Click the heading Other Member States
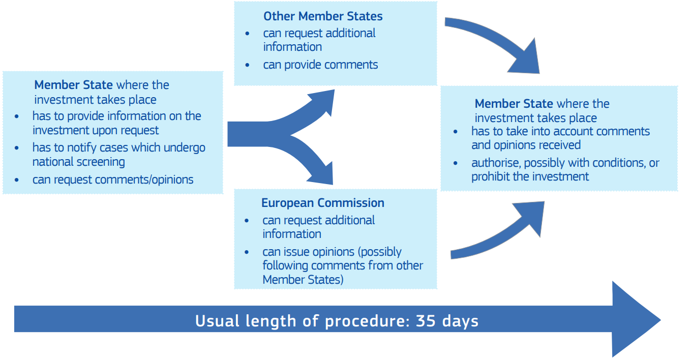pyautogui.click(x=323, y=16)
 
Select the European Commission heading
pyautogui.click(x=323, y=203)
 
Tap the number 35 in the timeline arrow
pyautogui.click(x=426, y=321)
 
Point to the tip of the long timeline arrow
pyautogui.click(x=661, y=320)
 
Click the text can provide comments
pyautogui.click(x=320, y=65)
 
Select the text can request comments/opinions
pyautogui.click(x=113, y=179)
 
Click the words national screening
pyautogui.click(x=79, y=162)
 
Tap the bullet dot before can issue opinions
pyautogui.click(x=247, y=252)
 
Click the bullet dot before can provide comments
pyautogui.click(x=247, y=65)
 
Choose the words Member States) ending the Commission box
pyautogui.click(x=303, y=280)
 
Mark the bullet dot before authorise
pyautogui.click(x=456, y=163)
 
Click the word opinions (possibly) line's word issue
pyautogui.click(x=294, y=252)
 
